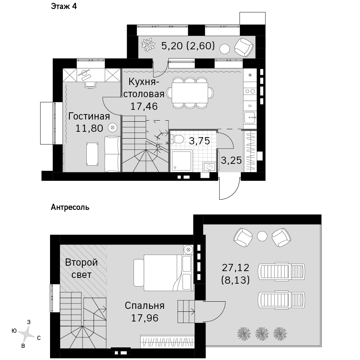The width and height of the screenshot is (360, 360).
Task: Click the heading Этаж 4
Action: [x=64, y=6]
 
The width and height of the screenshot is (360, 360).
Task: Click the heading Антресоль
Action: [x=70, y=207]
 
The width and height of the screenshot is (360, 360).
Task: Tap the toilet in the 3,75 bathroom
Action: [x=177, y=139]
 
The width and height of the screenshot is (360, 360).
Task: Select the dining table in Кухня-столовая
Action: [x=190, y=93]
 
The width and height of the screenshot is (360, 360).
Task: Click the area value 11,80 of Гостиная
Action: [x=89, y=129]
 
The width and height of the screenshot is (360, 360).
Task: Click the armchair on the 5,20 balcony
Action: [x=244, y=47]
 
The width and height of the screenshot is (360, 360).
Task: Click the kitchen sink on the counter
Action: [x=250, y=118]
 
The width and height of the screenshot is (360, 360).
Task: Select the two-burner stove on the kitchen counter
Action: [x=250, y=91]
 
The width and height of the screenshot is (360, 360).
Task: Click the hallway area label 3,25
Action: [x=231, y=160]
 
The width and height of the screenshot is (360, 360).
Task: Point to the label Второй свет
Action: [x=81, y=269]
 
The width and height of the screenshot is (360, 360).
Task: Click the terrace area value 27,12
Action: [x=235, y=268]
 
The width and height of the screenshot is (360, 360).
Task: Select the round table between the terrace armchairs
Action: [x=262, y=236]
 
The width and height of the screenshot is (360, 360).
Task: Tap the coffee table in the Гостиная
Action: [x=92, y=154]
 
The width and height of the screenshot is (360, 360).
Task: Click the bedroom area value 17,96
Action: [x=145, y=318]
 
